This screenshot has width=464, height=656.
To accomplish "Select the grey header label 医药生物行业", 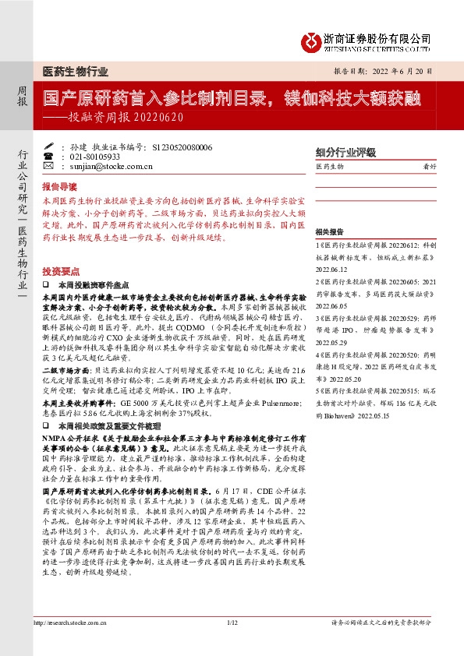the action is point(75,70).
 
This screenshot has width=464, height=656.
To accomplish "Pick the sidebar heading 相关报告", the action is point(330,232).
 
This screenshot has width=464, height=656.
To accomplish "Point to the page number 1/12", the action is point(232,644).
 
